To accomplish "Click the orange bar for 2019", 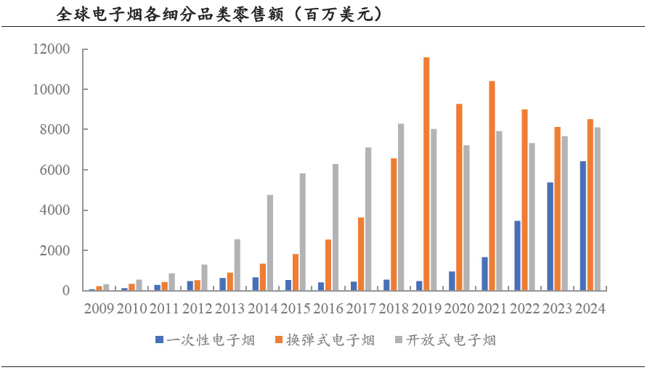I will tap(426, 174).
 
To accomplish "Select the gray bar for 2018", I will tap(401, 207).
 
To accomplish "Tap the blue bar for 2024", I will tap(582, 226).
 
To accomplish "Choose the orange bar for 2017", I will tap(361, 254).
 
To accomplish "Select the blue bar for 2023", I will tap(550, 237).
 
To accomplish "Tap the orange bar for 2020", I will tap(459, 197).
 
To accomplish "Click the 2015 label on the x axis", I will tap(296, 309).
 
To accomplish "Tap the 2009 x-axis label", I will tap(99, 309).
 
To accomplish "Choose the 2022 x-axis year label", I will tap(524, 309).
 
